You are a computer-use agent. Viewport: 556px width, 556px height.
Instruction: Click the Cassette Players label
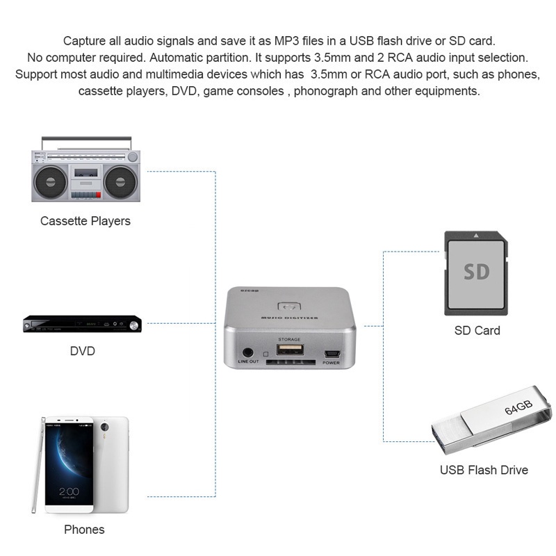(x=85, y=221)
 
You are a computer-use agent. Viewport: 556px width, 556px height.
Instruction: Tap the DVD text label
(x=82, y=350)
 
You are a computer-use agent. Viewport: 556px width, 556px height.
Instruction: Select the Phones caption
(x=84, y=530)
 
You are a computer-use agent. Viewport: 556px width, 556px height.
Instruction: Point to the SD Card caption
(x=477, y=330)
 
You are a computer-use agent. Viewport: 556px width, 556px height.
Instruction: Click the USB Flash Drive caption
(x=484, y=470)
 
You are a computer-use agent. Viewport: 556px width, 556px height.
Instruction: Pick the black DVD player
(x=82, y=325)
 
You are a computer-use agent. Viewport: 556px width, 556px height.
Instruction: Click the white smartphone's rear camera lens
(x=106, y=426)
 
